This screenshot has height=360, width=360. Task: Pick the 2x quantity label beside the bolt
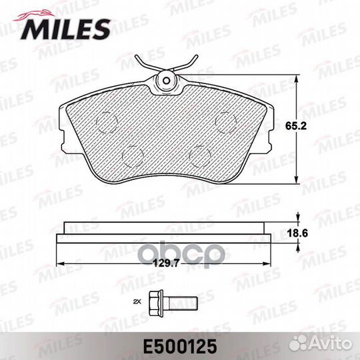tap(139, 303)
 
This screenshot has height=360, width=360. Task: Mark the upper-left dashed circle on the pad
tap(106, 121)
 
